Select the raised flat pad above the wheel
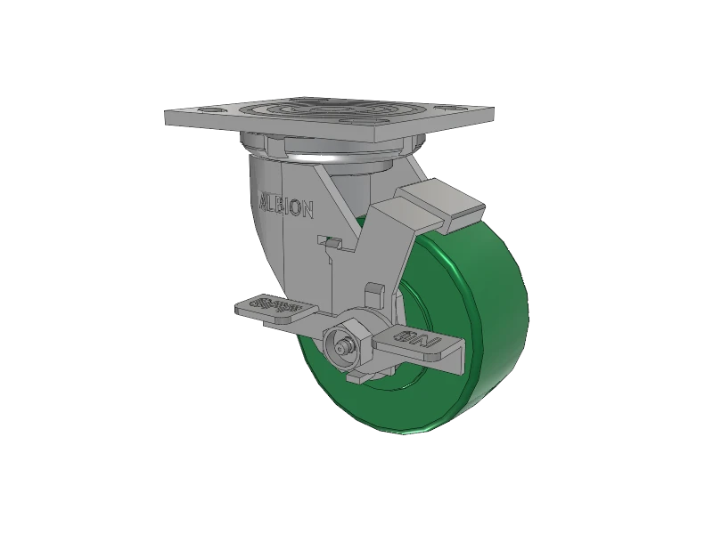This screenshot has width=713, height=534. click(437, 200)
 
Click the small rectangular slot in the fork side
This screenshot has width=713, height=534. click(330, 241)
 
